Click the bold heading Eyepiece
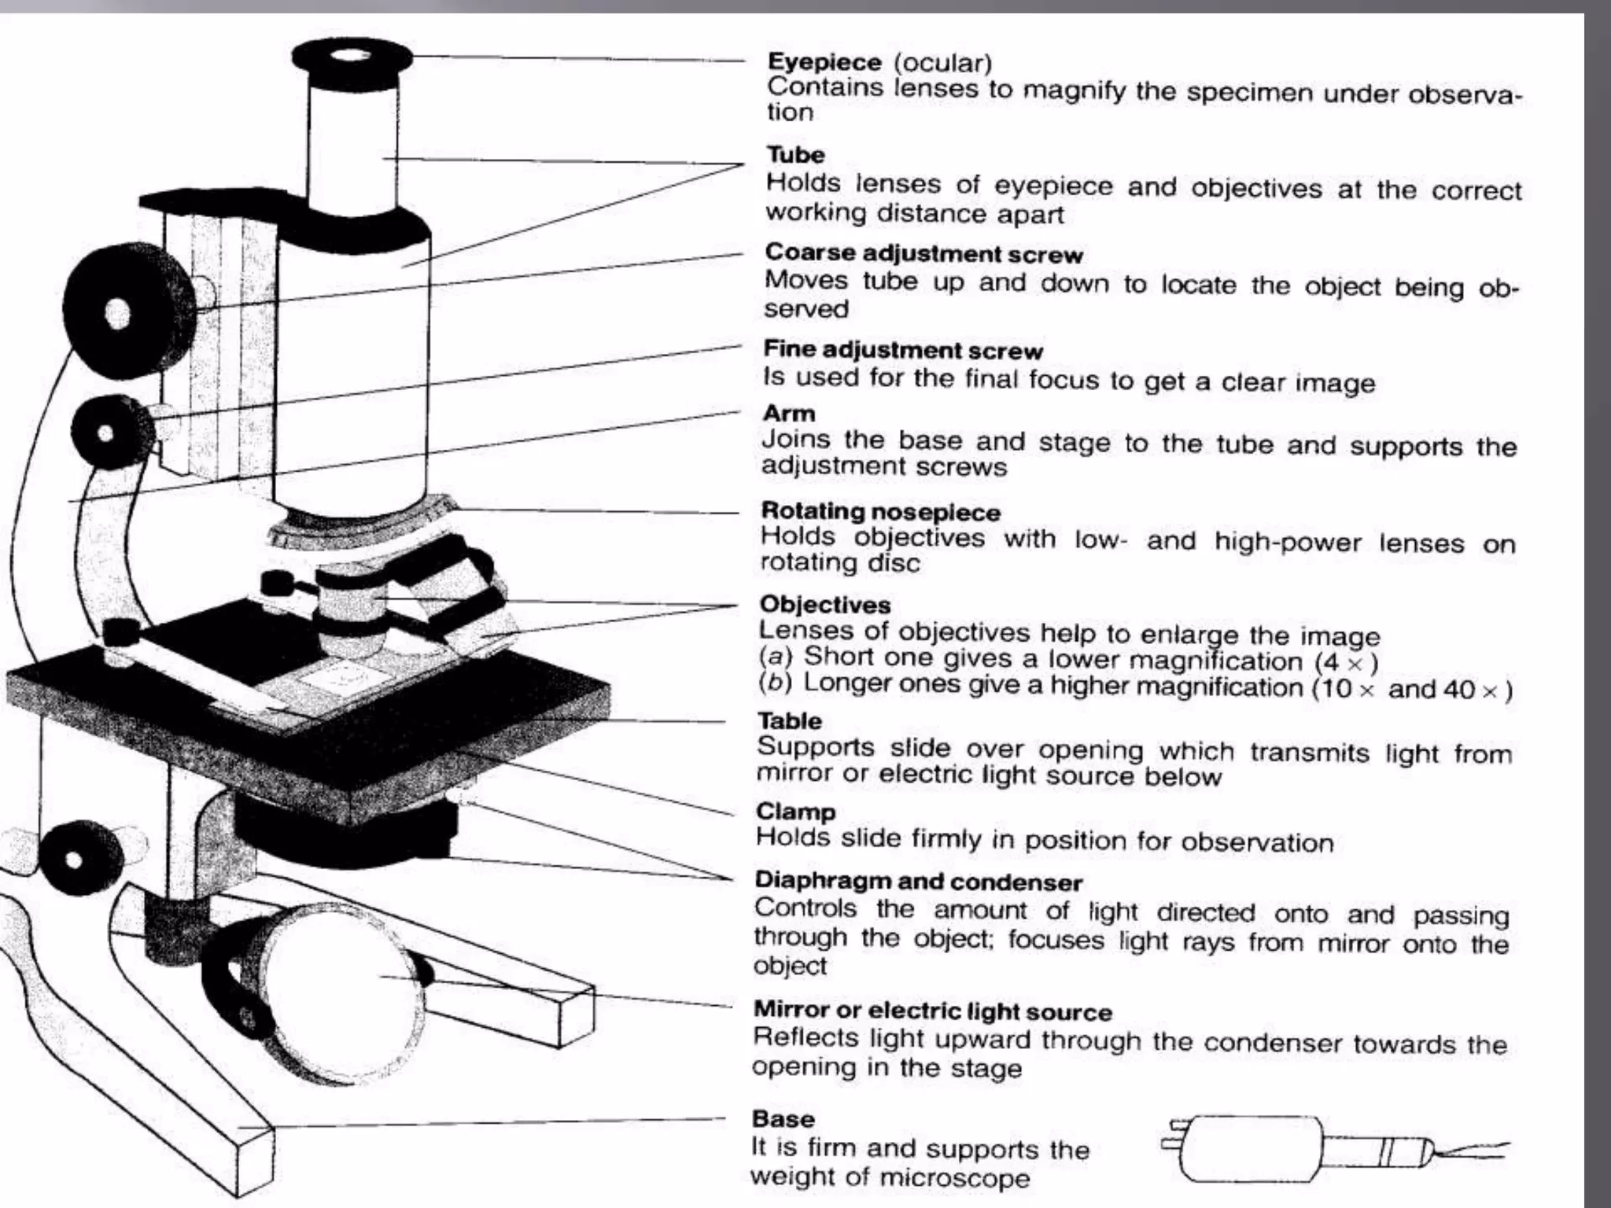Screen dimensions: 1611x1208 [824, 62]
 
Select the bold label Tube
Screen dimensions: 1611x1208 [795, 155]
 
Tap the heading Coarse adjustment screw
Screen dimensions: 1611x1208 [923, 253]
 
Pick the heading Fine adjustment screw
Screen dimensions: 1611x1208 [903, 350]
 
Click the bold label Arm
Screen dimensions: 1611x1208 [788, 414]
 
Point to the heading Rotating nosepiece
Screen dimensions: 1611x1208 [880, 512]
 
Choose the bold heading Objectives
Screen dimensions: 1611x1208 [824, 605]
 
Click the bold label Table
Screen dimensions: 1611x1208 [789, 720]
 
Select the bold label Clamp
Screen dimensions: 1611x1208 [795, 812]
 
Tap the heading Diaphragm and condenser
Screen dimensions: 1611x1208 [918, 882]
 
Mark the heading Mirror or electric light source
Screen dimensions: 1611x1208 [932, 1011]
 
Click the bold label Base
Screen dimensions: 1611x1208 [783, 1118]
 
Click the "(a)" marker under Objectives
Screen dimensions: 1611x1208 [776, 656]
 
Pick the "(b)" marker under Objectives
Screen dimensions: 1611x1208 [776, 683]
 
